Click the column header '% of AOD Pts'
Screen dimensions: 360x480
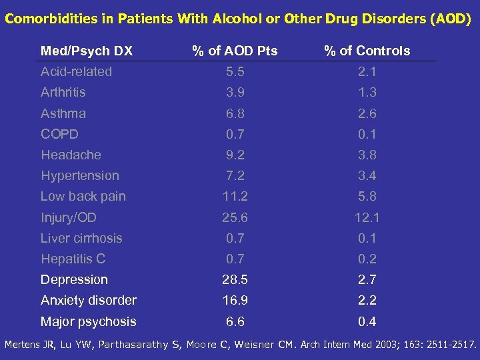coord(235,51)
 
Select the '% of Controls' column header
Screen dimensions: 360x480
coord(367,51)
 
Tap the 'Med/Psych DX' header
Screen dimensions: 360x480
coord(87,51)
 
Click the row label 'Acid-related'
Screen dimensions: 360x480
coord(76,71)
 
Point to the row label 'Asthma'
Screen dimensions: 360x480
coord(63,113)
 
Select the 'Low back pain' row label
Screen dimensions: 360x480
coord(83,197)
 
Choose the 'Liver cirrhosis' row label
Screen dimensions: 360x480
coord(81,238)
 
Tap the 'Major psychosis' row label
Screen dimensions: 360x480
coord(88,321)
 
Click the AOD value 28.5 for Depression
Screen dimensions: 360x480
coord(235,280)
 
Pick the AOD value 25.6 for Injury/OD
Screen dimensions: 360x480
coord(235,217)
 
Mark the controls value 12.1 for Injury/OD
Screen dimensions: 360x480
coord(367,217)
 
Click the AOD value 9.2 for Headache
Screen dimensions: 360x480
coord(235,155)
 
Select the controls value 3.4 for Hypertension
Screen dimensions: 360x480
coord(367,176)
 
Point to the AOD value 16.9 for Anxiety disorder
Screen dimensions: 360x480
coord(235,301)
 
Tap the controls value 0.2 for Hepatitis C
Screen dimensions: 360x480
coord(367,259)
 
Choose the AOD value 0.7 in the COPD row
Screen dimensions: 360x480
coord(235,134)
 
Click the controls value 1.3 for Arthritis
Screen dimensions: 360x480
coord(367,92)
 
